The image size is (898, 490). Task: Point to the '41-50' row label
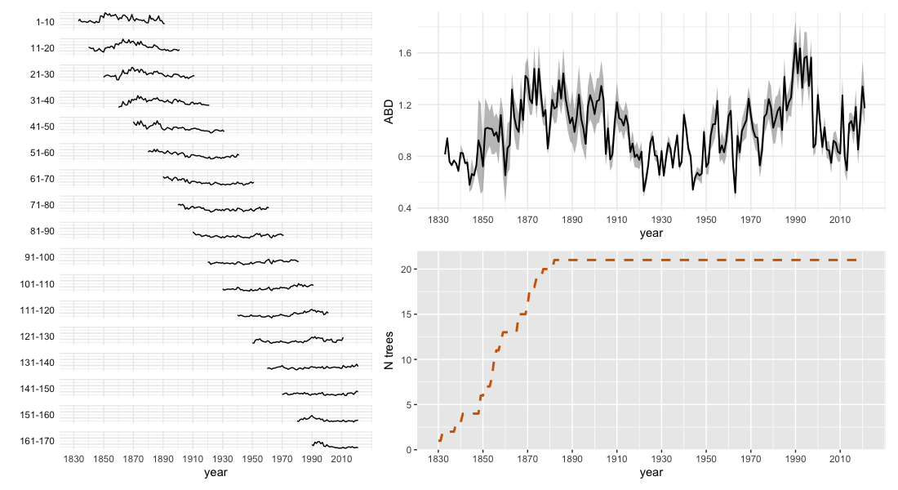click(42, 127)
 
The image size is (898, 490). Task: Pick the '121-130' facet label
click(38, 336)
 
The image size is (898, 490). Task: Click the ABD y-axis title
click(389, 111)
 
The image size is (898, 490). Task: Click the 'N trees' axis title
click(389, 350)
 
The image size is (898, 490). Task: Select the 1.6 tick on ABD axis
click(406, 53)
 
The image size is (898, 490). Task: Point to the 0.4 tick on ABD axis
click(406, 208)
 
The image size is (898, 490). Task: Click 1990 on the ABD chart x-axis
click(796, 220)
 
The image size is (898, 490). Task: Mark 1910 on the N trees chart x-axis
click(617, 460)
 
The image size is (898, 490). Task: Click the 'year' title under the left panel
click(216, 473)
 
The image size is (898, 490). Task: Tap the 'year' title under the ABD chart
click(651, 234)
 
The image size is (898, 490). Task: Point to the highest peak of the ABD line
click(795, 42)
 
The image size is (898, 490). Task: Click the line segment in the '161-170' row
click(335, 445)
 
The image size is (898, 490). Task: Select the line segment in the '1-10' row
click(122, 17)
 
